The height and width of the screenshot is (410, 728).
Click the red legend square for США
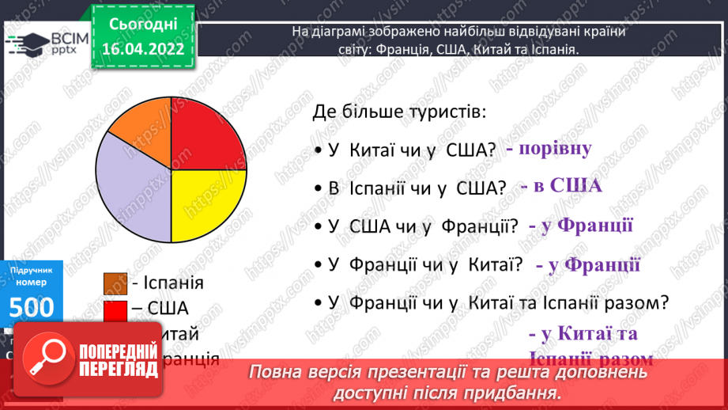point(115,309)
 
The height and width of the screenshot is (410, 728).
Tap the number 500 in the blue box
point(31,306)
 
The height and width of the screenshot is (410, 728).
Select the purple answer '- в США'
point(561,187)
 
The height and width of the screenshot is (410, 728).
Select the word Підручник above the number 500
point(31,270)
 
